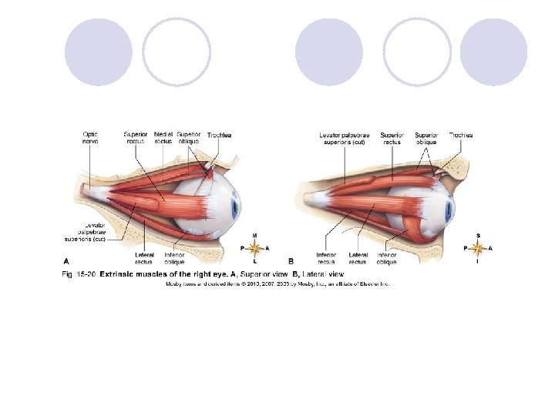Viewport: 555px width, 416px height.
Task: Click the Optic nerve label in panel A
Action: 91,138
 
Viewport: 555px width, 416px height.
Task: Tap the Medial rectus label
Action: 163,138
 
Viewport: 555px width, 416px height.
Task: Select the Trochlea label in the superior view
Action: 219,136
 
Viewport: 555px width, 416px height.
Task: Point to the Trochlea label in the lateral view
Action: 461,135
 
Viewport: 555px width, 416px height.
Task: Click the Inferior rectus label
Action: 325,258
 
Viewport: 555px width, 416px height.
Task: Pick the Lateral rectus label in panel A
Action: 144,258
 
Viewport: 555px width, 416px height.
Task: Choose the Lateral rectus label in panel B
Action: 358,258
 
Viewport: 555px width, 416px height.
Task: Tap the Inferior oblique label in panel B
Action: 387,258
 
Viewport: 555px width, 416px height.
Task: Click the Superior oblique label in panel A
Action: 189,138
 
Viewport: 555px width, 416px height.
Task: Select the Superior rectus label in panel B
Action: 392,138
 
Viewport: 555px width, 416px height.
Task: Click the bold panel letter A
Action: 66,260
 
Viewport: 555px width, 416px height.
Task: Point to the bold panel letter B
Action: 291,260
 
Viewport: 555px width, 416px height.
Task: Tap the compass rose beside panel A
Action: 254,248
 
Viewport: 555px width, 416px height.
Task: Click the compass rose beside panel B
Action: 478,248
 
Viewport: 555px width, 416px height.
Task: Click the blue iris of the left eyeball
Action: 236,203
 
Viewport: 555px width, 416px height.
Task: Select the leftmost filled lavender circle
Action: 98,52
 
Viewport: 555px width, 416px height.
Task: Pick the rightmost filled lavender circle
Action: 493,52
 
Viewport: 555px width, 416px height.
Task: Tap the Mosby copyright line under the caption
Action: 277,283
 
